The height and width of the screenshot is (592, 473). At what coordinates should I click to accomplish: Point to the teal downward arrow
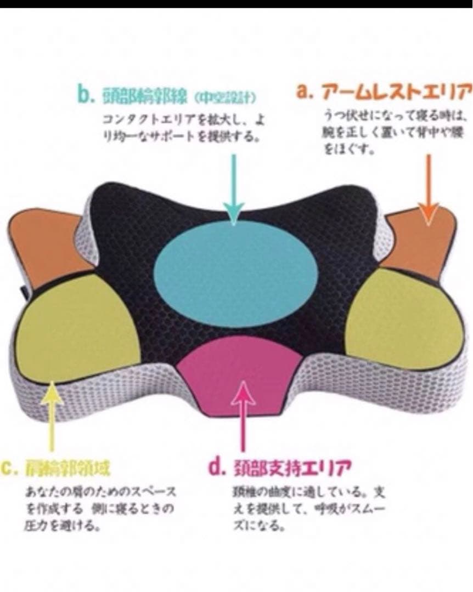click(x=234, y=186)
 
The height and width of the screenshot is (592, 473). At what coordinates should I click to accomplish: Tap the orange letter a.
click(x=303, y=91)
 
